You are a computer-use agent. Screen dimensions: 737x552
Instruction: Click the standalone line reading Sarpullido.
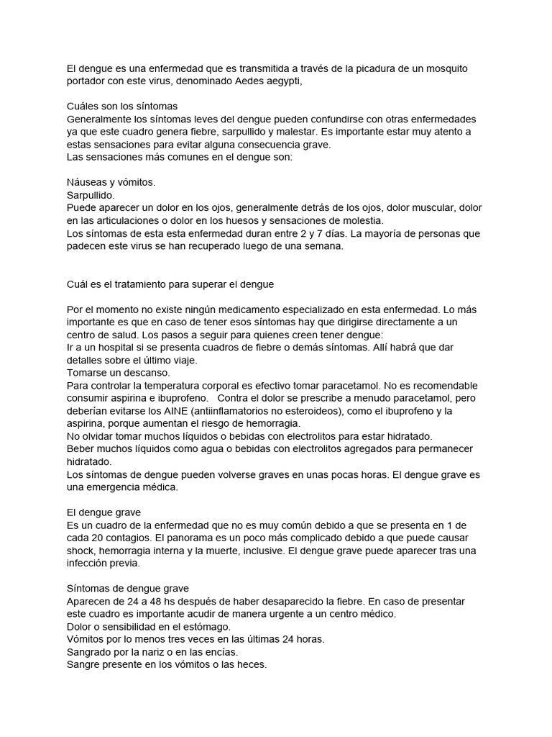click(x=90, y=195)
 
